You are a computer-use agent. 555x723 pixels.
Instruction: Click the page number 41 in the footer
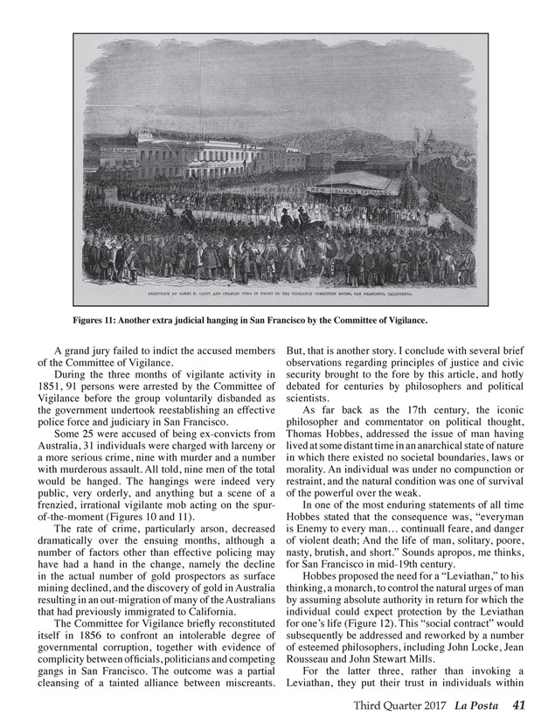pyautogui.click(x=519, y=705)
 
